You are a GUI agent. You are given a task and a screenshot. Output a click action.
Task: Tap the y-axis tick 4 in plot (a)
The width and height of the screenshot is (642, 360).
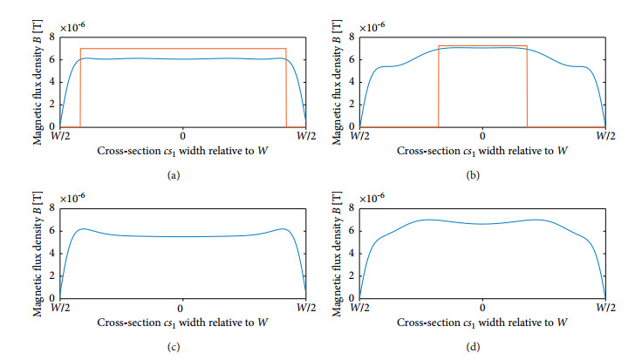click(x=52, y=82)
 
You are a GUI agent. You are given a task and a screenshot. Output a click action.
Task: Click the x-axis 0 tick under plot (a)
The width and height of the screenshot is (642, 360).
click(x=182, y=137)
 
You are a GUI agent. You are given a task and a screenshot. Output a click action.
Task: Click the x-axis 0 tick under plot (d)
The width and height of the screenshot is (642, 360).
click(x=482, y=309)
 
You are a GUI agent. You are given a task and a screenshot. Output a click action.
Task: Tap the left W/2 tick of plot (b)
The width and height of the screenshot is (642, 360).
click(x=359, y=137)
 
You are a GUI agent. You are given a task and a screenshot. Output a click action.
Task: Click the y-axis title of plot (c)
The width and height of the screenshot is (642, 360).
click(x=38, y=253)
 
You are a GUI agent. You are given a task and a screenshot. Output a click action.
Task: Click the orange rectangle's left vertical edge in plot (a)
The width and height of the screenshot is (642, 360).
click(x=80, y=87)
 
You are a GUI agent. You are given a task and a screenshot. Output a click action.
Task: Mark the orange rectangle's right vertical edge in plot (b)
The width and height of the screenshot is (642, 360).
click(x=527, y=87)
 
